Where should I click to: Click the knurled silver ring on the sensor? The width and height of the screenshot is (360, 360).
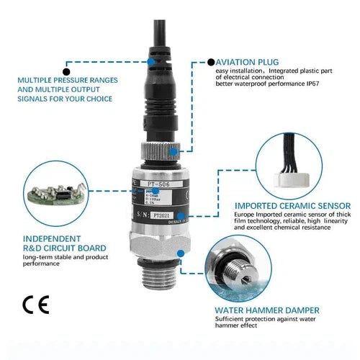pyautogui.click(x=156, y=151)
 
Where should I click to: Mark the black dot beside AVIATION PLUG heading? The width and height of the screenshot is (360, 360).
pyautogui.click(x=210, y=63)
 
